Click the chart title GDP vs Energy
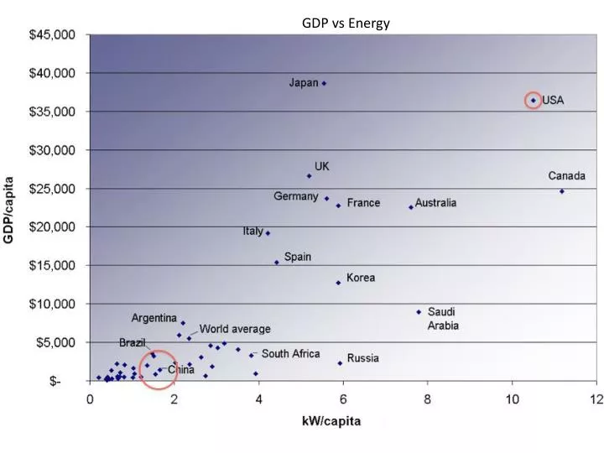[x=346, y=23]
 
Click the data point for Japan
[x=324, y=83]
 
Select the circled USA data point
[x=533, y=101]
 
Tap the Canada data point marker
[x=562, y=191]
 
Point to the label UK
[x=321, y=167]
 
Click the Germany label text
[x=295, y=196]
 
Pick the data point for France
[x=338, y=205]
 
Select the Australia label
[x=436, y=203]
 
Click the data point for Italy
[x=268, y=233]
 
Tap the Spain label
[x=298, y=257]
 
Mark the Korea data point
[x=338, y=283]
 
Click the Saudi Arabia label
[x=443, y=319]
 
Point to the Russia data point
[x=340, y=363]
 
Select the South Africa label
[x=290, y=354]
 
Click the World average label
[x=235, y=329]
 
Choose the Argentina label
[x=154, y=318]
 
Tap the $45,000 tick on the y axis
[x=52, y=35]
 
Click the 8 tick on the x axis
[x=428, y=399]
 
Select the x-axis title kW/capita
[x=331, y=421]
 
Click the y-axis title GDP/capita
[x=9, y=209]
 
